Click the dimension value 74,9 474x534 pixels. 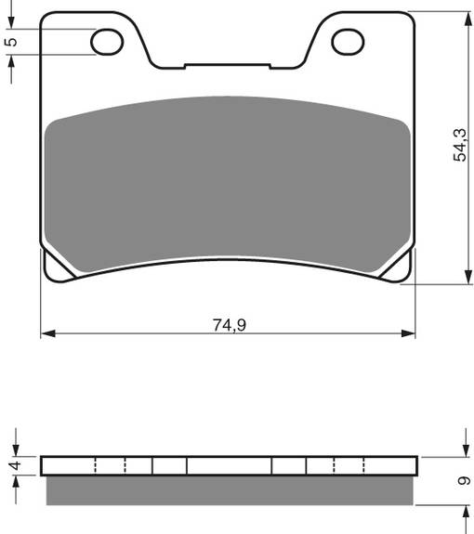point(229,324)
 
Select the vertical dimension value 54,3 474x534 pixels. point(460,145)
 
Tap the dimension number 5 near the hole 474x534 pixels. point(10,41)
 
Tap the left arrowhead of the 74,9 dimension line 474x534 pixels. point(46,332)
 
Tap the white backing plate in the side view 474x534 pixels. point(229,465)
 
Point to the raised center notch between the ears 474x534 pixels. point(228,65)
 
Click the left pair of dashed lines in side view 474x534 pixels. point(110,465)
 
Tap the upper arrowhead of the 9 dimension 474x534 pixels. point(464,451)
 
